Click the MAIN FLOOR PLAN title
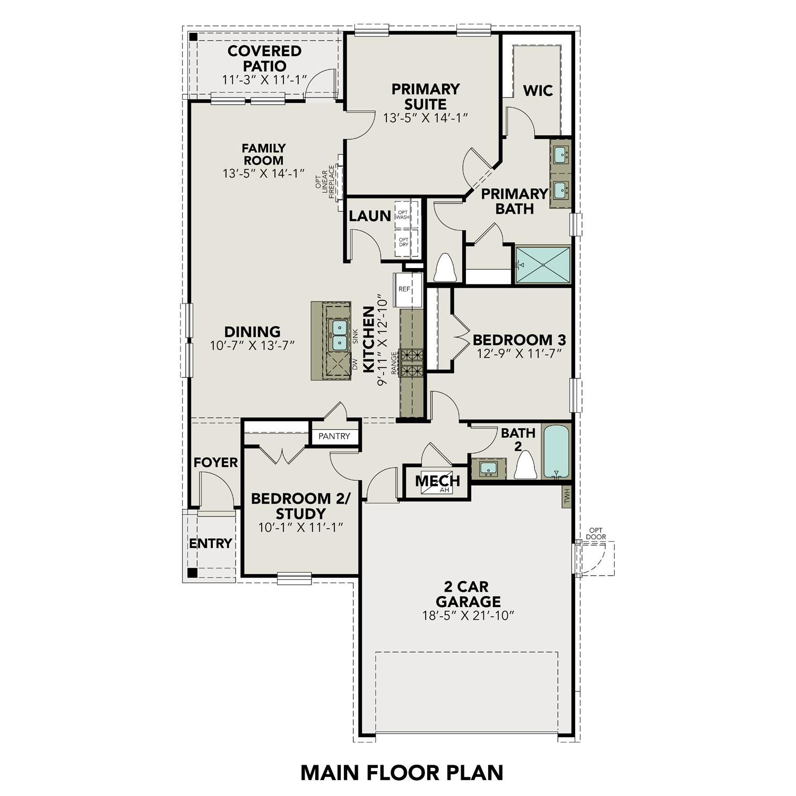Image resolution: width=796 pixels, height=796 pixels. [x=402, y=772]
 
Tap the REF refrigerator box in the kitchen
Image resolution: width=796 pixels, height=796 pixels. [x=405, y=289]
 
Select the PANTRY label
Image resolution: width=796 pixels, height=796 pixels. [x=334, y=436]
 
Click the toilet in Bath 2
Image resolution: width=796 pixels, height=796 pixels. [x=524, y=465]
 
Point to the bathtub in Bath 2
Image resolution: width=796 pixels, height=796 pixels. [x=556, y=451]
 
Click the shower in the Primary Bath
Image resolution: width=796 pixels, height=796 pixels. [x=542, y=264]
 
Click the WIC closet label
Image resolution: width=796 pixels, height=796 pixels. [x=538, y=90]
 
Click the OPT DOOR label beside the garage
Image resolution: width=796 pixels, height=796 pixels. [x=596, y=533]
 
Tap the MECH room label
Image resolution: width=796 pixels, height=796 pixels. [x=437, y=481]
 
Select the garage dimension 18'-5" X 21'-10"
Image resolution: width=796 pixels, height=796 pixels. [x=469, y=616]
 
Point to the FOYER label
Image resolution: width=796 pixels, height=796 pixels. [x=215, y=463]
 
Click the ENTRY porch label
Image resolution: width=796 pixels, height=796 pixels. [x=211, y=543]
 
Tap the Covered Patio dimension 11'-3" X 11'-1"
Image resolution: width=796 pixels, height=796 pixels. [x=264, y=80]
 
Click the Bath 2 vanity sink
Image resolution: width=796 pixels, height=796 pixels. [x=488, y=469]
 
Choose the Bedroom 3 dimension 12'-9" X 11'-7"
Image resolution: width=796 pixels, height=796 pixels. [x=519, y=353]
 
